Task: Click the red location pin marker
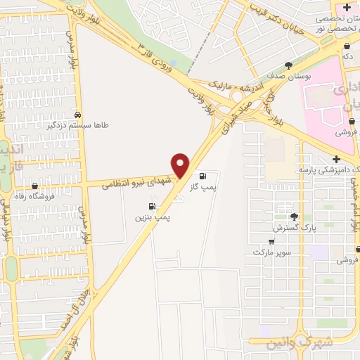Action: pyautogui.click(x=181, y=165)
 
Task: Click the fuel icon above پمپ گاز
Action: pyautogui.click(x=203, y=176)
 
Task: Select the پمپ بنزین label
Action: pyautogui.click(x=153, y=218)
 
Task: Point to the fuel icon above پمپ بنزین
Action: pyautogui.click(x=152, y=206)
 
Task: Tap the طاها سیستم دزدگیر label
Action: pyautogui.click(x=78, y=126)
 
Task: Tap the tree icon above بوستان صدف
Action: pyautogui.click(x=288, y=65)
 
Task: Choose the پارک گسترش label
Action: pyautogui.click(x=294, y=229)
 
